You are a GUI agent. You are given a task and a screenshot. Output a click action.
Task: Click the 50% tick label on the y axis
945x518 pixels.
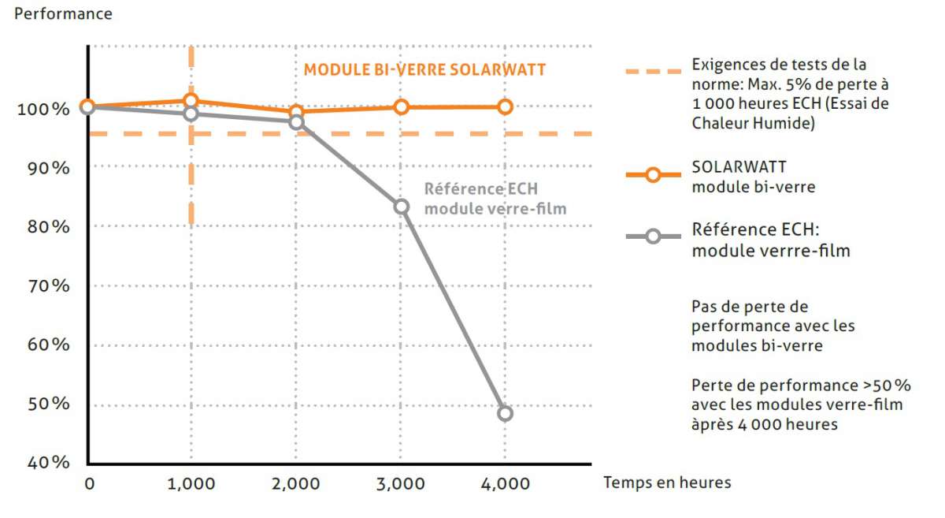(x=49, y=404)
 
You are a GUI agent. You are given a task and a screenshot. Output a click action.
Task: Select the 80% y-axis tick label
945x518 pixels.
(x=49, y=227)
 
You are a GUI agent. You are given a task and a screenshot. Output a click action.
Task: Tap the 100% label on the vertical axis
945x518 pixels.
(x=43, y=109)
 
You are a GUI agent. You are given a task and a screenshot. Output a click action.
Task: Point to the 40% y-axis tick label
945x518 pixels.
(x=49, y=463)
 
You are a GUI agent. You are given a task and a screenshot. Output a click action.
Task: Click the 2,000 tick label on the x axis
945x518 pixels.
(x=296, y=483)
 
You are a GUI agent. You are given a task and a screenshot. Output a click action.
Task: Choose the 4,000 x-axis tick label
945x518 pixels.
(x=505, y=483)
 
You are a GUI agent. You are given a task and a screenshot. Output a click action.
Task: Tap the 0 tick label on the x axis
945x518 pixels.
(x=88, y=483)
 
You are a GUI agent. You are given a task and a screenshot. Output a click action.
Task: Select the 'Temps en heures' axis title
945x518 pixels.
(x=667, y=483)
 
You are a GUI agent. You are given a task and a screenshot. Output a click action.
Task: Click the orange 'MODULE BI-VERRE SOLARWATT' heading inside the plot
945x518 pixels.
(x=424, y=69)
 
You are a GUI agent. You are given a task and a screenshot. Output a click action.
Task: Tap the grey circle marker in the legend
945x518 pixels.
(x=652, y=236)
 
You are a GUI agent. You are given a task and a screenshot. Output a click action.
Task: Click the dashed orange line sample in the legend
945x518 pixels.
(x=652, y=72)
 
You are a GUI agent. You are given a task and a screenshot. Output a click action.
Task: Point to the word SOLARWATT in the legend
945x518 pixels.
(x=728, y=168)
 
